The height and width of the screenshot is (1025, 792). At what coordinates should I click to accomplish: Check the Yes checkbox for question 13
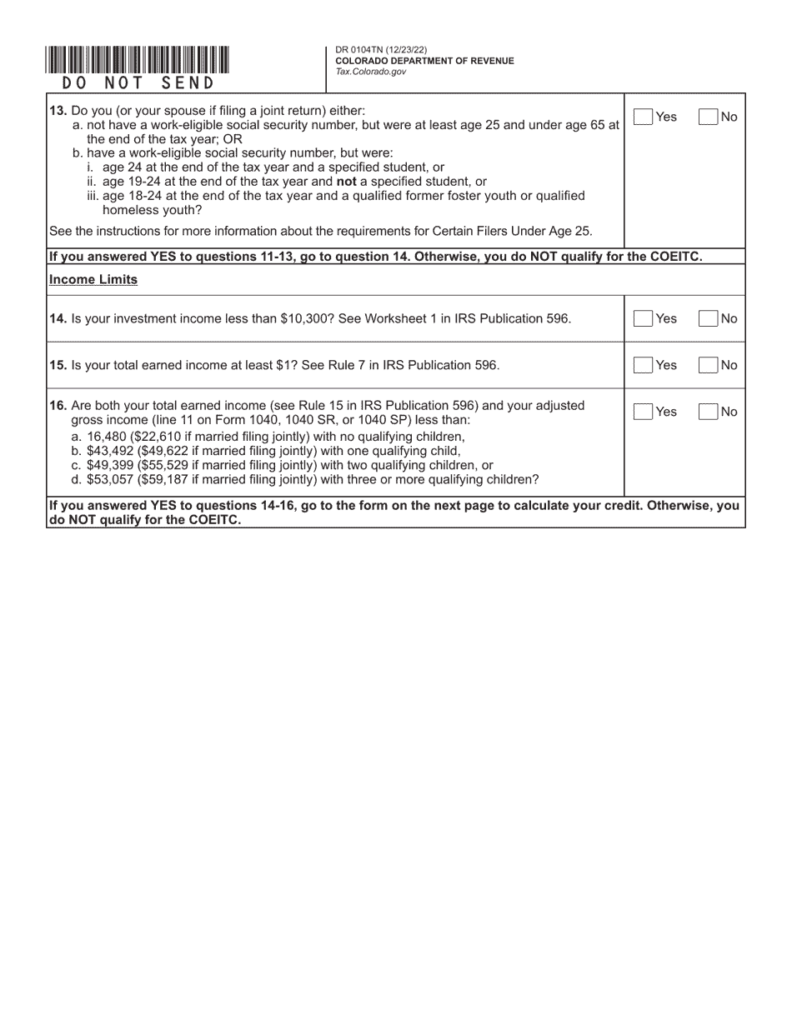pyautogui.click(x=643, y=117)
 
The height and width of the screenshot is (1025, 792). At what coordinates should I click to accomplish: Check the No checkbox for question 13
pyautogui.click(x=708, y=117)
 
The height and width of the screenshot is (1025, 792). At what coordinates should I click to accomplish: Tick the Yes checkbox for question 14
pyautogui.click(x=643, y=318)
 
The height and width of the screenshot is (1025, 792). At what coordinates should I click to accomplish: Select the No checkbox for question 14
pyautogui.click(x=708, y=318)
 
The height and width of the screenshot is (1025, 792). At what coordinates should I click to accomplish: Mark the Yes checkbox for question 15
pyautogui.click(x=643, y=365)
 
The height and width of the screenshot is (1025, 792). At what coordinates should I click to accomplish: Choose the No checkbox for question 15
pyautogui.click(x=708, y=365)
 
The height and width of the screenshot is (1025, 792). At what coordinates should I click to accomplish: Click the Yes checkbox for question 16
pyautogui.click(x=643, y=412)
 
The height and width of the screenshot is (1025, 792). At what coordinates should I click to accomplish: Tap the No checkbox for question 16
pyautogui.click(x=708, y=412)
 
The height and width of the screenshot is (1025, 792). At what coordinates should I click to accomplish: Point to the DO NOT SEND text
pyautogui.click(x=138, y=83)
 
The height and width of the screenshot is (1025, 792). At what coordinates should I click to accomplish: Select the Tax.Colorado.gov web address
pyautogui.click(x=371, y=72)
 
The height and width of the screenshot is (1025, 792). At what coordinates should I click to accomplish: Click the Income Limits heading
pyautogui.click(x=93, y=280)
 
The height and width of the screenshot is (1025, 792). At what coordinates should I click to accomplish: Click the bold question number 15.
pyautogui.click(x=58, y=365)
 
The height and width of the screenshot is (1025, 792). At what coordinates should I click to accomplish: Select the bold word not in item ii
pyautogui.click(x=345, y=181)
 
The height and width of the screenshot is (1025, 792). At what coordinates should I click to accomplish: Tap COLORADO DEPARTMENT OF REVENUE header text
pyautogui.click(x=424, y=61)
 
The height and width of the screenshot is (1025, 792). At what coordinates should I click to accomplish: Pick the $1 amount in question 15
pyautogui.click(x=283, y=365)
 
